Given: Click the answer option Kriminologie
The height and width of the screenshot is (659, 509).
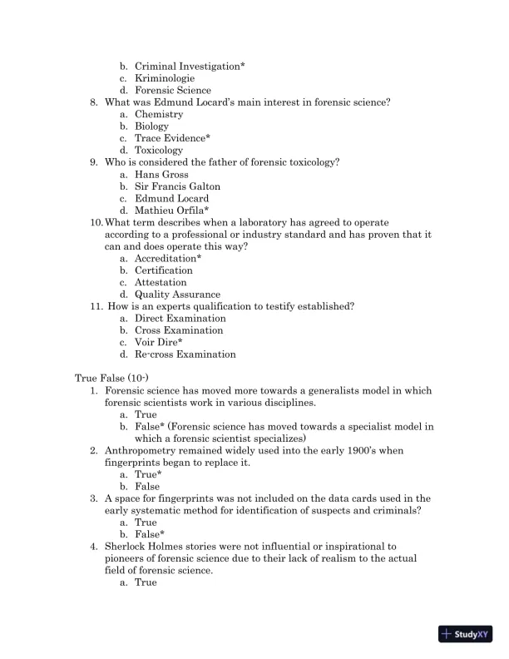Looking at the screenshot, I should click(x=165, y=78).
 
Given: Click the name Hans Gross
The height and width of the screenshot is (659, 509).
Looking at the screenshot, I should click(x=161, y=175).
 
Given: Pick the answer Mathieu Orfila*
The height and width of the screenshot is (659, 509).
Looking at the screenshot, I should click(x=171, y=211).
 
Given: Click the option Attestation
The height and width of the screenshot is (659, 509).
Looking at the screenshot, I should click(x=161, y=282).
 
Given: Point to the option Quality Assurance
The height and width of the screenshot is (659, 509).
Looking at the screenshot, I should click(x=177, y=295).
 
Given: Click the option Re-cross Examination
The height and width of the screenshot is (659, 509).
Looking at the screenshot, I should click(x=185, y=354).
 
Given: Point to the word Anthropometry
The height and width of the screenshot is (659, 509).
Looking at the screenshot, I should click(x=143, y=450).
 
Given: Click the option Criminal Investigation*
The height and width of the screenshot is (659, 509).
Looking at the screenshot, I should click(x=190, y=66).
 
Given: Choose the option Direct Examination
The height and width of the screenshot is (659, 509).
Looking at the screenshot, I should click(x=180, y=319).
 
